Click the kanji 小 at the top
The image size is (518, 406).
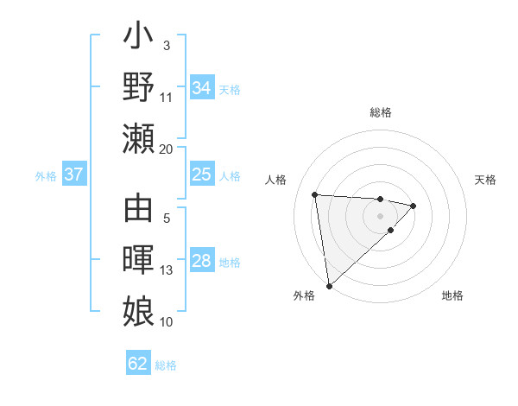click(139, 41)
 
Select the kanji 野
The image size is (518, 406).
click(139, 89)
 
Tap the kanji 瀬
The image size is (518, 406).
click(139, 138)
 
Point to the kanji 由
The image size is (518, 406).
click(139, 213)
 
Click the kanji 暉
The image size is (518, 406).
click(139, 261)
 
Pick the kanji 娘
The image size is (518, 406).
click(139, 310)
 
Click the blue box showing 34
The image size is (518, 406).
click(202, 87)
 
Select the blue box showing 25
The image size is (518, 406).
click(202, 174)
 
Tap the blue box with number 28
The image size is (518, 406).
click(202, 262)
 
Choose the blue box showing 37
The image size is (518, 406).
click(74, 174)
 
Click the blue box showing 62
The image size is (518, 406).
click(138, 364)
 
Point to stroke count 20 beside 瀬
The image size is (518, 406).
click(167, 149)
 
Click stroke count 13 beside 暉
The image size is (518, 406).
click(167, 270)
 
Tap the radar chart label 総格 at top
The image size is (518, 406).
click(380, 112)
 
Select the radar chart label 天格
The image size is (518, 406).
click(485, 180)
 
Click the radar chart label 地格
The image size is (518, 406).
click(452, 295)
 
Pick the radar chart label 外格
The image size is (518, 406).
click(304, 295)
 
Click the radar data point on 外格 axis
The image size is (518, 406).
click(329, 285)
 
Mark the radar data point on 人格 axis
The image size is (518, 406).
click(315, 193)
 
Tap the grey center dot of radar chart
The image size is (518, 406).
click(380, 215)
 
